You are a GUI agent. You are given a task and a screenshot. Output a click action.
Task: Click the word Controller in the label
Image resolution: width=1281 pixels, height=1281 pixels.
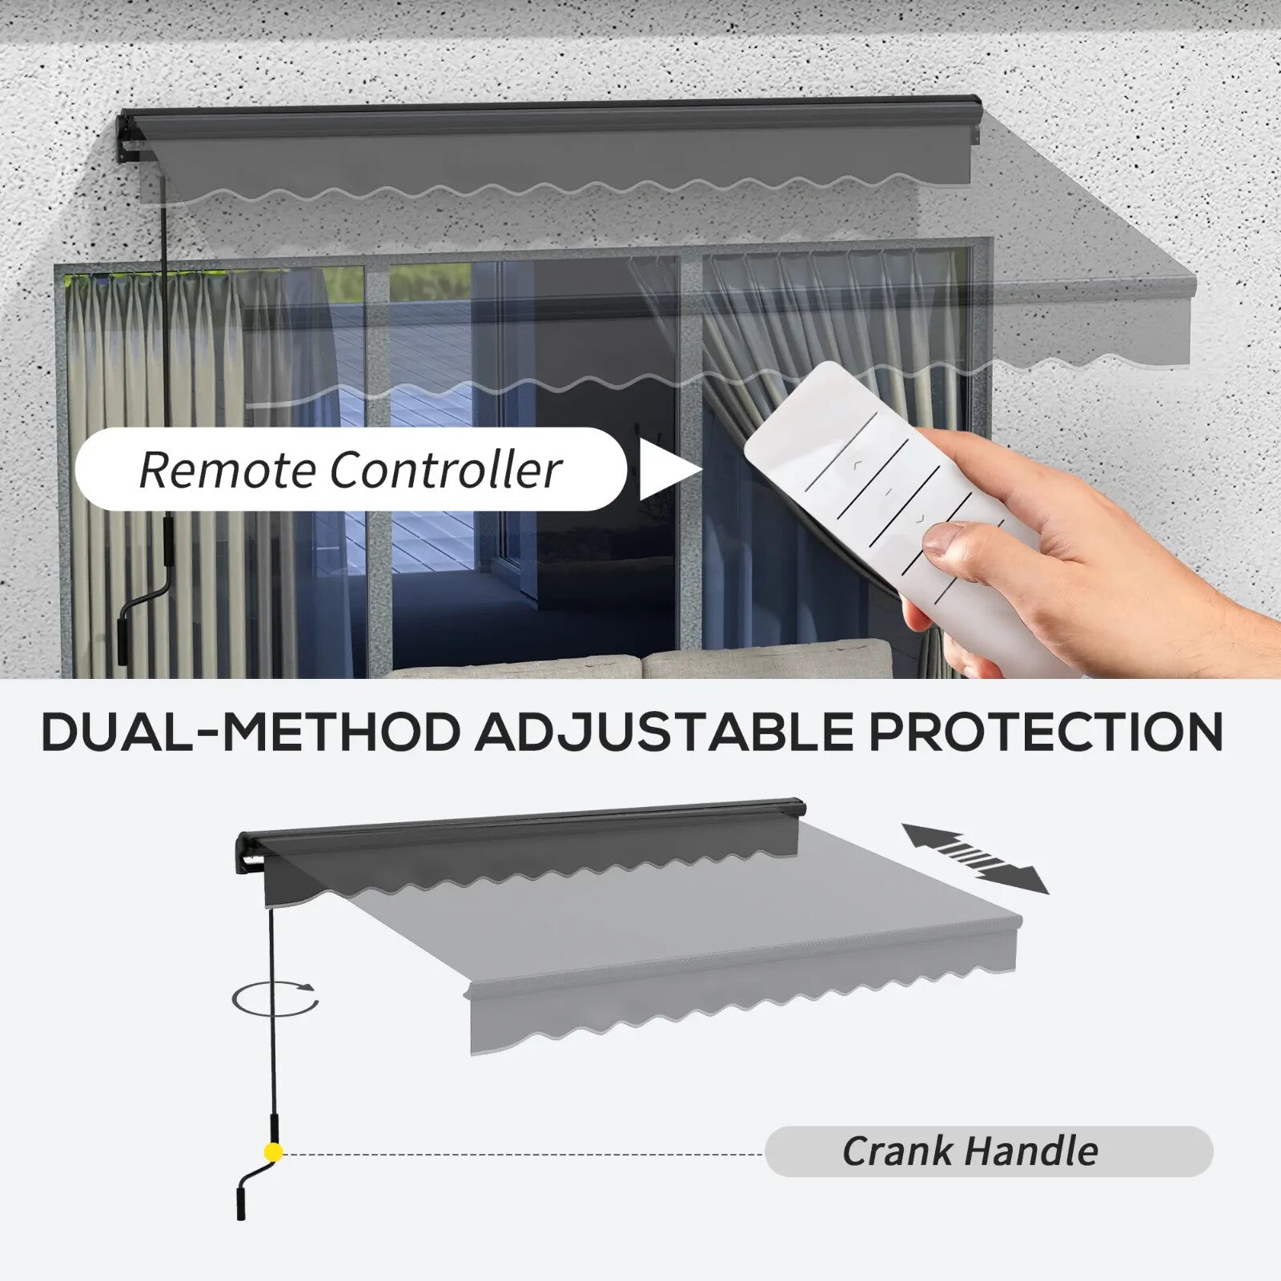click(445, 469)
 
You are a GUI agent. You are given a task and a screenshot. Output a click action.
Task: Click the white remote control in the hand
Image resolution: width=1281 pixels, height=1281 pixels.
click(881, 496)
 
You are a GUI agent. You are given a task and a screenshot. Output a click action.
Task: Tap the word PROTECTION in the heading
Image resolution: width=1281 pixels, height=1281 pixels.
click(1046, 731)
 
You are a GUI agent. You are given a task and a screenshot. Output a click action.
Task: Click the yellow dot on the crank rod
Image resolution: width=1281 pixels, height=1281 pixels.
click(274, 1153)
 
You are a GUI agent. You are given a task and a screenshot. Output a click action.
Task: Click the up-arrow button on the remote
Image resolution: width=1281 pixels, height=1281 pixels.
click(857, 463)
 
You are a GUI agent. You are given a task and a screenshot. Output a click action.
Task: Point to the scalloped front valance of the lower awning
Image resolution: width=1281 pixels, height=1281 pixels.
click(745, 1009)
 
